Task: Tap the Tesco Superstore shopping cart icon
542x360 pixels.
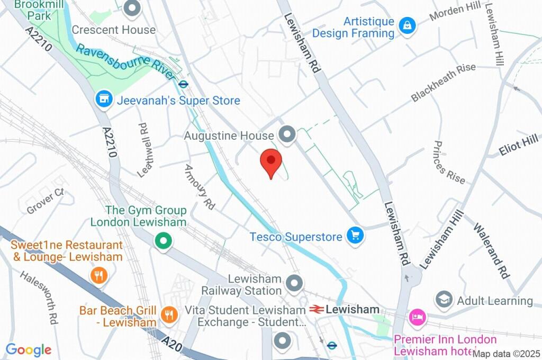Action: coord(355,236)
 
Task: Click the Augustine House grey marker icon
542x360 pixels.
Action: coord(287,136)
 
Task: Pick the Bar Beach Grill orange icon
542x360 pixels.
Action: coord(169,314)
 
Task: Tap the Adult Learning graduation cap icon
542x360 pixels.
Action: coord(444,300)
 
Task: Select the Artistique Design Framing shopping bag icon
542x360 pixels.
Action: coord(407,25)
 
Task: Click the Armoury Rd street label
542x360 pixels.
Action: coord(199,187)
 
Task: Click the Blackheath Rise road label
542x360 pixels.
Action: coord(443,83)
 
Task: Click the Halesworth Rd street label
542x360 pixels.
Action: coord(39,298)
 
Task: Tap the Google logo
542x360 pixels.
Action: coord(28,350)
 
